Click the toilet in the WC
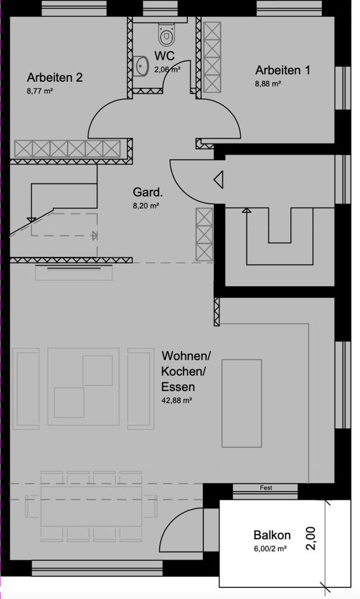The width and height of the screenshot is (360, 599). click(x=167, y=36)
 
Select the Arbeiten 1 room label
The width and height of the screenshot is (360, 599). click(x=283, y=71)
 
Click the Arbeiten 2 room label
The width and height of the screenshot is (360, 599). click(x=55, y=78)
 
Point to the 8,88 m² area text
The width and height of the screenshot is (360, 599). click(x=268, y=83)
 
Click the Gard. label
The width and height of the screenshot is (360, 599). click(x=148, y=192)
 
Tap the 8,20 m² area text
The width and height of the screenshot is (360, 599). click(x=145, y=205)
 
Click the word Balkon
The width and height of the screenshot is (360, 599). click(x=272, y=535)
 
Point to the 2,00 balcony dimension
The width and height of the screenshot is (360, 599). click(x=311, y=538)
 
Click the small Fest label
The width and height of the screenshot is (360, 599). click(x=266, y=488)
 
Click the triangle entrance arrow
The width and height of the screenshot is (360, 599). click(x=218, y=180)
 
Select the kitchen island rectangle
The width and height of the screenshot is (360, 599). click(x=243, y=403)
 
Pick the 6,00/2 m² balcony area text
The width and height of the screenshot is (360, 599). click(x=270, y=549)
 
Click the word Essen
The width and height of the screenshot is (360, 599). click(x=178, y=386)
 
